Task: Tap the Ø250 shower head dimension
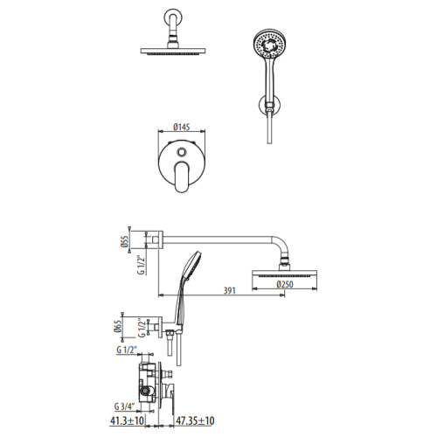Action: point(281,286)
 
